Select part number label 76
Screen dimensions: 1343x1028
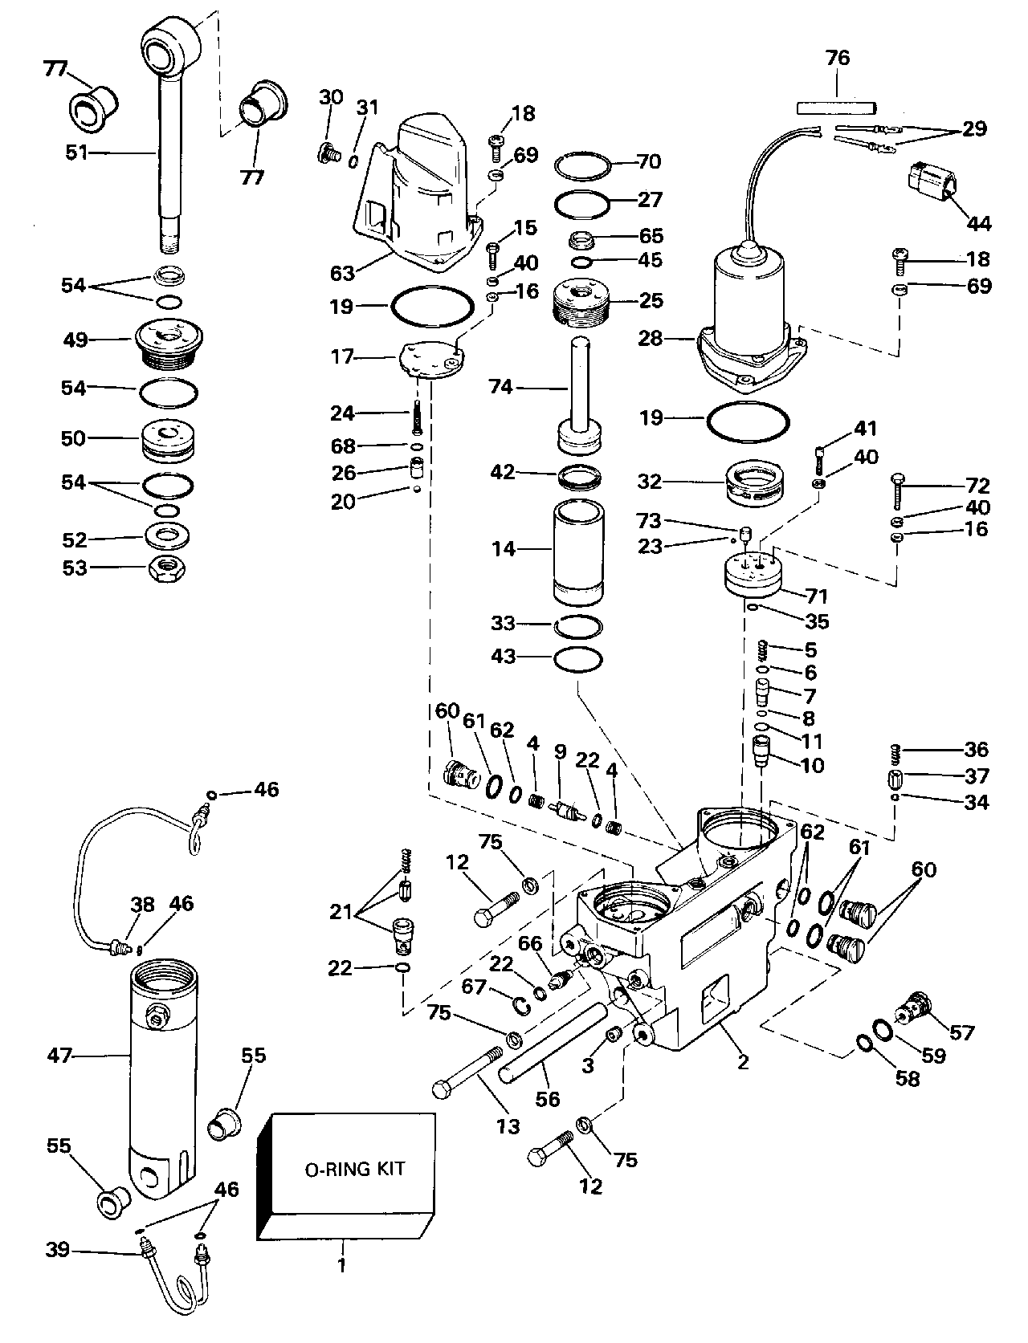pyautogui.click(x=838, y=58)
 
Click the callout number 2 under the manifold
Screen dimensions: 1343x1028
pyautogui.click(x=743, y=1061)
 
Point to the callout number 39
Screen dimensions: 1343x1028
pyautogui.click(x=58, y=1250)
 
